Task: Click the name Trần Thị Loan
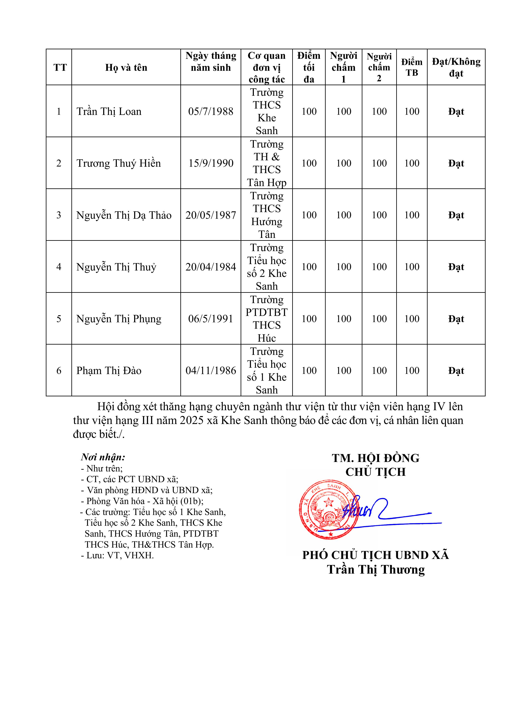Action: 109,112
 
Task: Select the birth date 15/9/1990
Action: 211,163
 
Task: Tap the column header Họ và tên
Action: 126,67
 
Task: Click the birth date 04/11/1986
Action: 211,371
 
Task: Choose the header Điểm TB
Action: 412,67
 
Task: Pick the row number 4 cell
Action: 59,267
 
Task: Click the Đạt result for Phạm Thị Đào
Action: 456,371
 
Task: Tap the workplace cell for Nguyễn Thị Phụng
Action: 267,319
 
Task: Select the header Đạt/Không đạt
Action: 456,67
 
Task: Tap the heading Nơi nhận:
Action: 103,457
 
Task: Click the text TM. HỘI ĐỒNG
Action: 375,458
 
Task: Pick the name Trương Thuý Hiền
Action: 119,163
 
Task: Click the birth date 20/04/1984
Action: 211,267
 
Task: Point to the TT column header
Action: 60,67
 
